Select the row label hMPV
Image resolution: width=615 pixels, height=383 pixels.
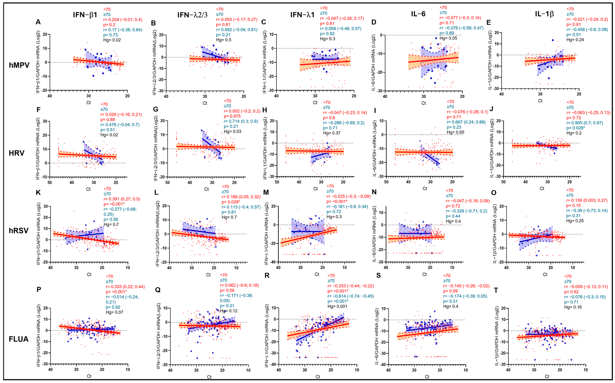click(19, 65)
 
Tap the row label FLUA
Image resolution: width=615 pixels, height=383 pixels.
click(18, 339)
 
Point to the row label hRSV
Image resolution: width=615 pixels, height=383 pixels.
click(18, 231)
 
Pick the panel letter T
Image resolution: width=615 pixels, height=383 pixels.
click(496, 290)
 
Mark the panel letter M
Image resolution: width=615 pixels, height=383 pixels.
click(266, 193)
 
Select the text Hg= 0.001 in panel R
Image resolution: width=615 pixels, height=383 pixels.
click(337, 306)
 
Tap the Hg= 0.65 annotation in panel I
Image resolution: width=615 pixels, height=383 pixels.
click(455, 132)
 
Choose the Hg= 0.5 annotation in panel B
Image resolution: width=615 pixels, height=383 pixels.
click(223, 40)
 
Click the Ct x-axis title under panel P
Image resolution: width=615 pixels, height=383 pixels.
click(89, 376)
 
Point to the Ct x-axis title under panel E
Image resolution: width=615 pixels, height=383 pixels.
click(540, 101)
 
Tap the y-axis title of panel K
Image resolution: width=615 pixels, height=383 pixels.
click(39, 233)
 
